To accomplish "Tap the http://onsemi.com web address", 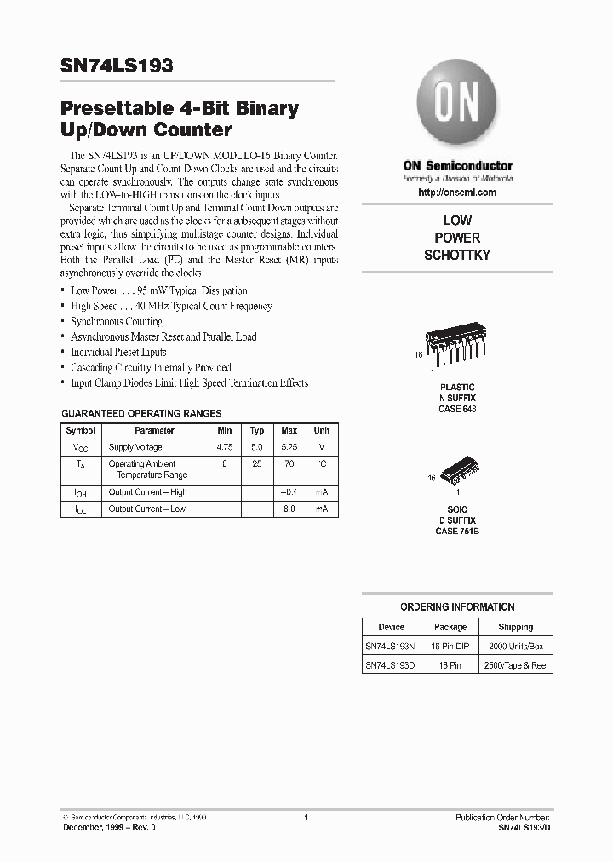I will pos(457,193).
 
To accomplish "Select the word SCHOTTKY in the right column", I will pos(457,256).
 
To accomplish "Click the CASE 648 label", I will pos(457,409).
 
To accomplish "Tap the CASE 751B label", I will pos(457,532).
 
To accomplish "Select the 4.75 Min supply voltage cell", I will pos(226,447).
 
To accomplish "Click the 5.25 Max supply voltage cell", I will pos(289,447).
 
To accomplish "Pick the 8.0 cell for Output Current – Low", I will pos(289,509).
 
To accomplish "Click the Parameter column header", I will pos(154,431).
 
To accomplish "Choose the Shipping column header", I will pos(516,627).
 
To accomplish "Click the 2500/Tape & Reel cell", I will pos(516,665).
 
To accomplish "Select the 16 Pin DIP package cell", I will pos(450,647).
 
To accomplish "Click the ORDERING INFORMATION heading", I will pos(457,607).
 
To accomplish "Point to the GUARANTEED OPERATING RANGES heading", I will pos(141,413).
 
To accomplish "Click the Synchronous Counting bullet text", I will pos(117,321).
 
